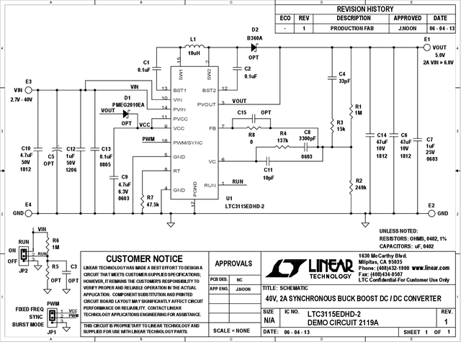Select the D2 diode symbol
point(254,48)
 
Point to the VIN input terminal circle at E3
point(29,90)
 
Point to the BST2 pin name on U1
point(209,90)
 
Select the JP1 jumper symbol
point(51,315)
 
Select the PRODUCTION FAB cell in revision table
point(354,28)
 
